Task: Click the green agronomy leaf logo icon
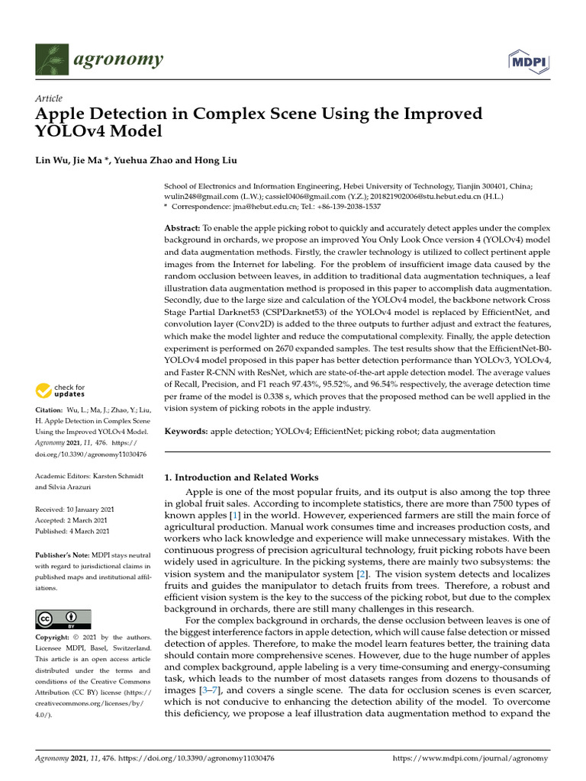[52, 59]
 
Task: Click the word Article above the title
[49, 99]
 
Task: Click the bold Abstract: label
[182, 229]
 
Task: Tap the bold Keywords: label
[187, 431]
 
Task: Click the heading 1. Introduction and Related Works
[242, 477]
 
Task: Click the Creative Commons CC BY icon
[63, 619]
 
